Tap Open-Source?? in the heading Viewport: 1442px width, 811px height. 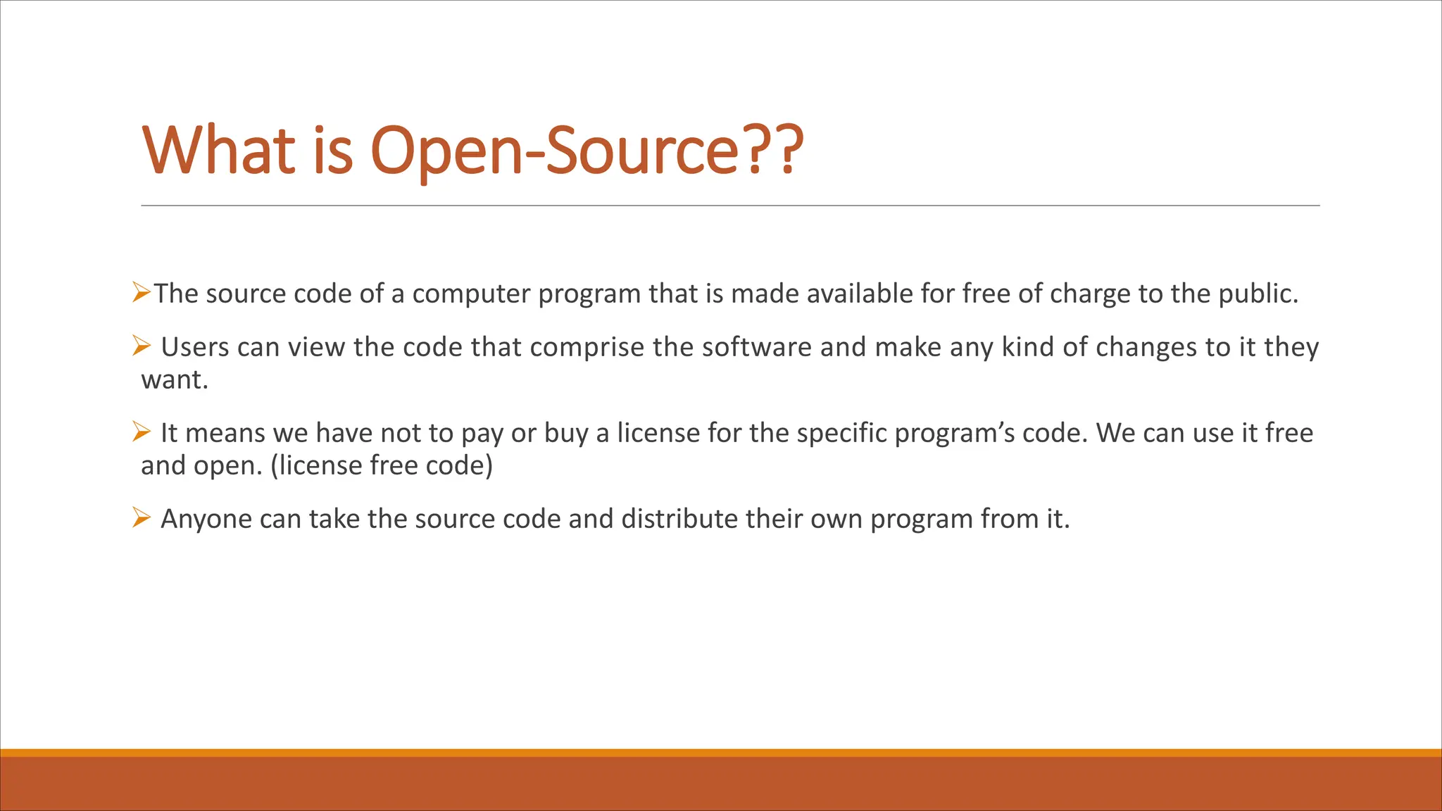point(587,151)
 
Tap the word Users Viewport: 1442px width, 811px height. point(195,348)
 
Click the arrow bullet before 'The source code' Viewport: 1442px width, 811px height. point(142,291)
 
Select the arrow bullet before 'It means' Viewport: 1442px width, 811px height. point(142,431)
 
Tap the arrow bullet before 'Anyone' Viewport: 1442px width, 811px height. point(142,517)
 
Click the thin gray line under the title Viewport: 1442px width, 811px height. point(730,206)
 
